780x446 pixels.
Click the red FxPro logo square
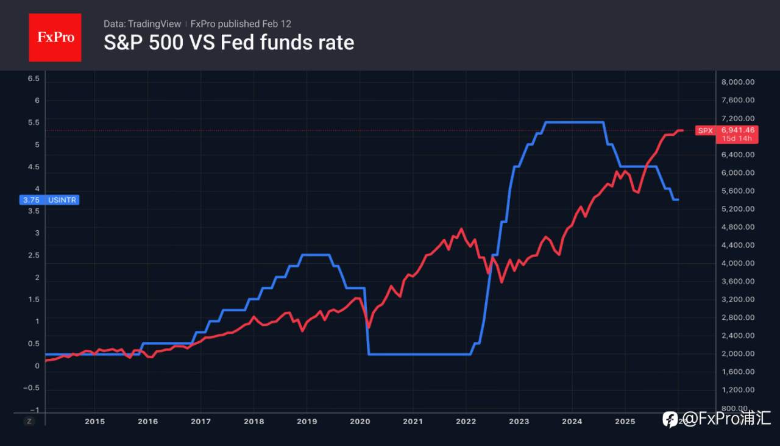pos(55,37)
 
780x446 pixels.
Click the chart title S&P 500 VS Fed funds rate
pos(229,43)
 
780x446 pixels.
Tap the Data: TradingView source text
pos(142,24)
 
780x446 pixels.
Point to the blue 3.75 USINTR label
pos(49,199)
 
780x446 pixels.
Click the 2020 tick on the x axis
pos(360,421)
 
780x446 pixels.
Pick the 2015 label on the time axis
pos(94,421)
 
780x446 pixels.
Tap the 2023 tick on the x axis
pos(519,421)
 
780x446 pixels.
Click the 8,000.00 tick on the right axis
pos(738,82)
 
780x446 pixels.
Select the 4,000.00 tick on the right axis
pos(738,263)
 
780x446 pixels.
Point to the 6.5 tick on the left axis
pos(34,79)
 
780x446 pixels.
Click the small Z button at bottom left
pos(29,421)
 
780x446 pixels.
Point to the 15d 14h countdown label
pos(736,138)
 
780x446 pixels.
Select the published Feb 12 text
pos(241,24)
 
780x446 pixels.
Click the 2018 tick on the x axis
pos(253,421)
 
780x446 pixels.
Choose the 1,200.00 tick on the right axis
pos(738,390)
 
